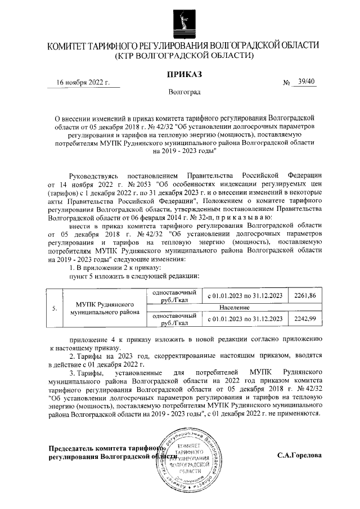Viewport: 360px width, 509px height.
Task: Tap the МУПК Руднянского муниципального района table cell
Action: (105, 308)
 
